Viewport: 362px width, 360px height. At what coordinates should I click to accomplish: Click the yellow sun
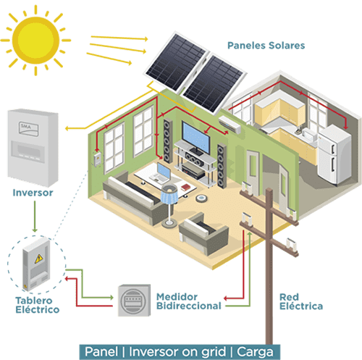click(35, 41)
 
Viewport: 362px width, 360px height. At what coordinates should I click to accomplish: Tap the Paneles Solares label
click(266, 46)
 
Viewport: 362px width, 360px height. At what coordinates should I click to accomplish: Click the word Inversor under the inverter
click(33, 193)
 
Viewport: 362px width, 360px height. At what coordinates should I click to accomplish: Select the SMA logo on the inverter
click(28, 128)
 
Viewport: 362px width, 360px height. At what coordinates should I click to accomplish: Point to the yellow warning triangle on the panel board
click(38, 259)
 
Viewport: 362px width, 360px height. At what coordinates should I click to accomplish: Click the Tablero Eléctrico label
click(38, 305)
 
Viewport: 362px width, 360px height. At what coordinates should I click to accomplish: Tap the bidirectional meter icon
click(134, 300)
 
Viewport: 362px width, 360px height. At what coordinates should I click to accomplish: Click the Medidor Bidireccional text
click(189, 301)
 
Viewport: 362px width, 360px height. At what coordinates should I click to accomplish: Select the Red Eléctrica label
click(301, 301)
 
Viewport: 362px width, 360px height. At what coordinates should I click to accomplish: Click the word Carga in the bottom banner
click(255, 352)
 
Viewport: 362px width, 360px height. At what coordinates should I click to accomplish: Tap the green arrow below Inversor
click(35, 217)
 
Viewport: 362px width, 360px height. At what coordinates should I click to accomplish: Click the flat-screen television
click(195, 138)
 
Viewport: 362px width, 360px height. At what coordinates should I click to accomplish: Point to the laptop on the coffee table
click(161, 173)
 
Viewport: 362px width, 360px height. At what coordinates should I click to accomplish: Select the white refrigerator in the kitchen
click(334, 155)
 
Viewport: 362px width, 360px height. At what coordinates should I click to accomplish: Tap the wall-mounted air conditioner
click(230, 125)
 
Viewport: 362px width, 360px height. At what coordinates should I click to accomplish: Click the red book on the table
click(186, 187)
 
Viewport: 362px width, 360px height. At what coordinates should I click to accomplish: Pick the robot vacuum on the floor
click(201, 198)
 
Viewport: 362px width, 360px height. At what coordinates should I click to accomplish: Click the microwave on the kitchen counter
click(310, 135)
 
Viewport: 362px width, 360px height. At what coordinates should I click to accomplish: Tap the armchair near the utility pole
click(203, 233)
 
